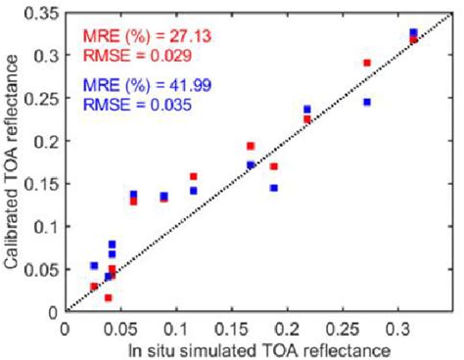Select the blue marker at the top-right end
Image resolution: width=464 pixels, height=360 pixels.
413,33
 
